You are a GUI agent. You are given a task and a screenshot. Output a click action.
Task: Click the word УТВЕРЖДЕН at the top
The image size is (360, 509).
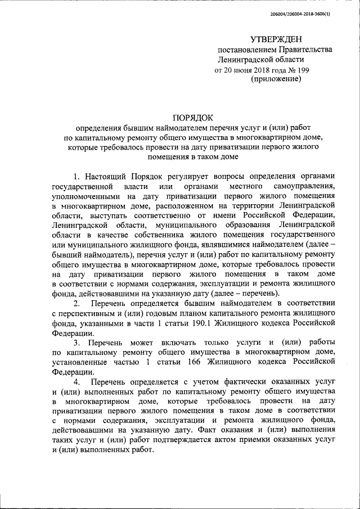tap(276, 39)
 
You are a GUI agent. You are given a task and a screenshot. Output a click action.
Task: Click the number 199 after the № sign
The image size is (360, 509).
tap(301, 70)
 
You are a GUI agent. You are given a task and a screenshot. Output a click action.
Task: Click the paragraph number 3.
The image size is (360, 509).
tap(77, 343)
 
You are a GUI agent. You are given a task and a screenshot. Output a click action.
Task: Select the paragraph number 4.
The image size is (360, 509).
tap(77, 383)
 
